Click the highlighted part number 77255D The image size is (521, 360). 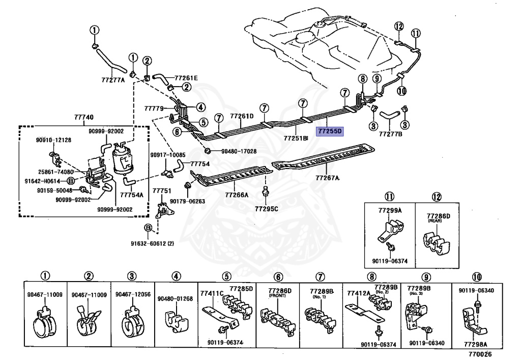pos(330,131)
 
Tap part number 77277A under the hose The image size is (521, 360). pos(113,79)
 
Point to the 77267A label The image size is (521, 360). pos(328,178)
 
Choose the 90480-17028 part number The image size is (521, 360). pos(239,151)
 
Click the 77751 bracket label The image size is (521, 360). pos(161,190)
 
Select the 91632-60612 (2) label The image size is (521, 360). pos(152,244)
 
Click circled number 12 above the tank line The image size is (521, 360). pos(398,26)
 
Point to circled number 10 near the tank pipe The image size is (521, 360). pos(402,91)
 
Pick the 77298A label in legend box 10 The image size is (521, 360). pos(477,344)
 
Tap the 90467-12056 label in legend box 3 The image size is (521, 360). pos(132,295)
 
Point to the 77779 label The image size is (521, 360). pos(153,108)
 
